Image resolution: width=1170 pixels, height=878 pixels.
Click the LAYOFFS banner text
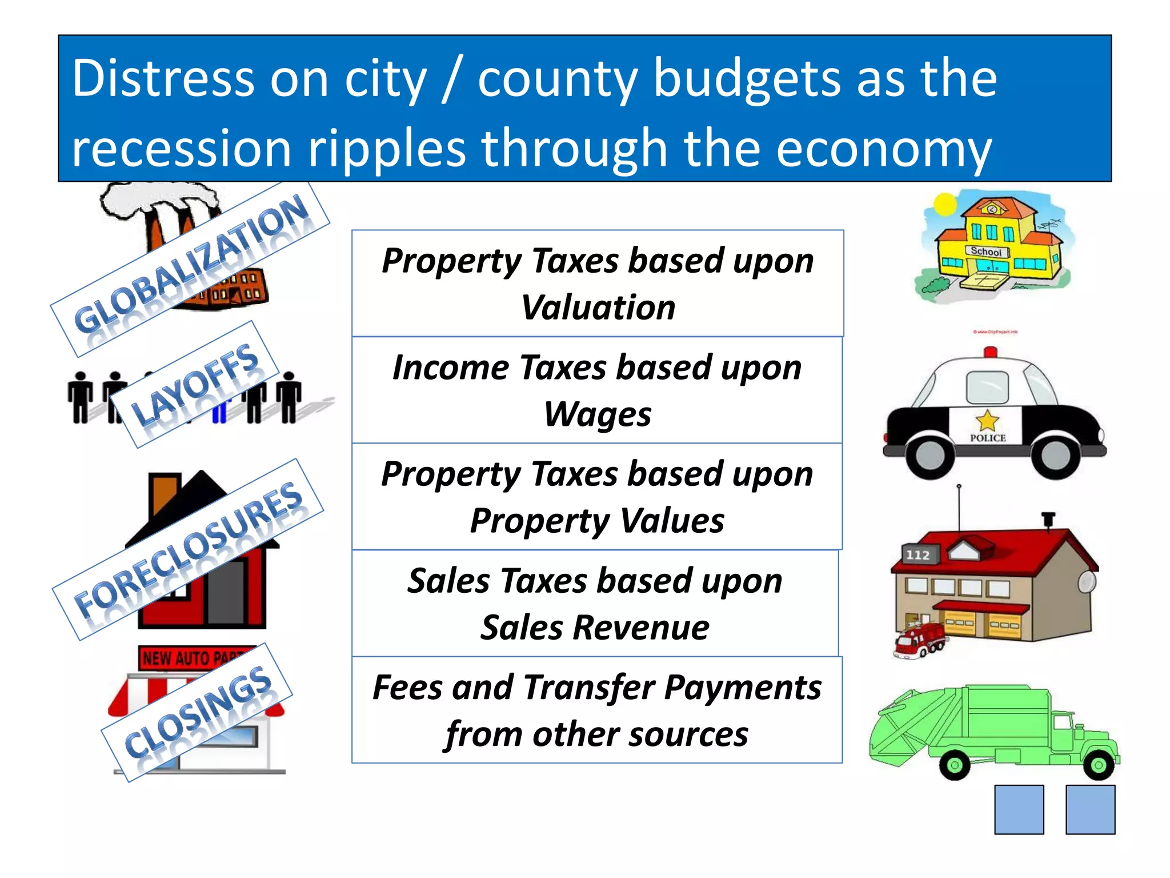tap(195, 384)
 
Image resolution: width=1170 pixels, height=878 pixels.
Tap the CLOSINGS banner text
tap(198, 711)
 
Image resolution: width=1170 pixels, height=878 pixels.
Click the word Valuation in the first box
tap(598, 308)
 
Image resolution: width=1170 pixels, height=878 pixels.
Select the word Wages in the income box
tap(598, 414)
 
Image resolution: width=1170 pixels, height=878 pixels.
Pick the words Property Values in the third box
tap(598, 521)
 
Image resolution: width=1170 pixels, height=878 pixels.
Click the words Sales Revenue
tap(595, 628)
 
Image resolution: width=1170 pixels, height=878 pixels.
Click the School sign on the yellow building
tap(986, 252)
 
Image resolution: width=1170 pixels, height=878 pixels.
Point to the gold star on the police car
tap(987, 421)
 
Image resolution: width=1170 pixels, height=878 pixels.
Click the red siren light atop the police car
tap(991, 352)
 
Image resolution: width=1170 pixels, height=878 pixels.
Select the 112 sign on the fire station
tap(917, 555)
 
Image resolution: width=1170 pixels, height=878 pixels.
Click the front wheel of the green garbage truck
tap(1098, 765)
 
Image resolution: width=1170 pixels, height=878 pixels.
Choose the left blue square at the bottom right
tap(1019, 809)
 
